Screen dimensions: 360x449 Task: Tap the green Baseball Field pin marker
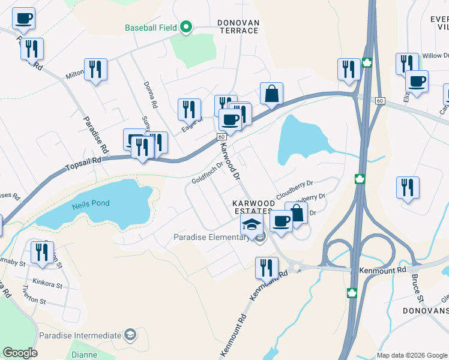[186, 27]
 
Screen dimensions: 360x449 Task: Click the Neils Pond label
[91, 203]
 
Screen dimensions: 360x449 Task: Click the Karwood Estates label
[254, 207]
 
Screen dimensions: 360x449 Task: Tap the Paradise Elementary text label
[211, 237]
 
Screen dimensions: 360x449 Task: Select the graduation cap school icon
[252, 224]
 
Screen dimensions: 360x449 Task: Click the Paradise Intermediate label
[79, 335]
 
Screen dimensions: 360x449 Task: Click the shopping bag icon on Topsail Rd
[272, 93]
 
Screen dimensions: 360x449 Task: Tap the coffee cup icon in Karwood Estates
[281, 221]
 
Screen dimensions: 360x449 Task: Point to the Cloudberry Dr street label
[295, 189]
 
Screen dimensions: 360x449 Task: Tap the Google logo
[20, 353]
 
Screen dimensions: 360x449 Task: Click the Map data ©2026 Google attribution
[411, 355]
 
